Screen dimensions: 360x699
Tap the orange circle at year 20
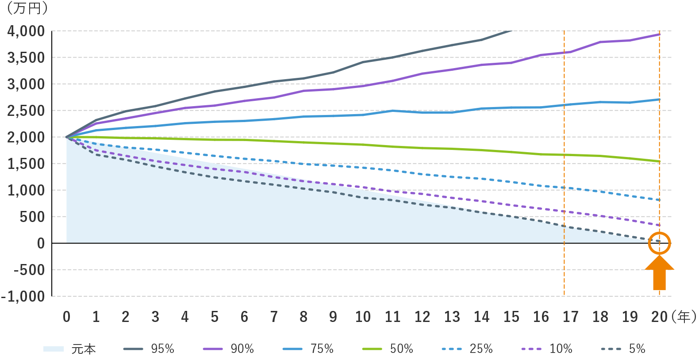pos(659,243)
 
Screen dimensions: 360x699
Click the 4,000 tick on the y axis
pos(26,31)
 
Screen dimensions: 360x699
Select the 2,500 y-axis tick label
pos(26,111)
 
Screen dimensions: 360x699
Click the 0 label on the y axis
pos(41,243)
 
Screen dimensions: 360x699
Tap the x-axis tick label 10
pos(363,317)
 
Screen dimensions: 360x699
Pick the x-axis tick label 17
pos(570,317)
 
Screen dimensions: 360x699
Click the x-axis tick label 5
pos(215,317)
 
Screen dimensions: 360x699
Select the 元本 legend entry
pos(70,349)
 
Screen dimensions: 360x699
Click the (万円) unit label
pos(26,8)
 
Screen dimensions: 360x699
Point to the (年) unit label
pos(683,317)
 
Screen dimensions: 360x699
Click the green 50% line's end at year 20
pos(659,161)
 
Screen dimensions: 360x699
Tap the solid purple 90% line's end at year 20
pos(659,34)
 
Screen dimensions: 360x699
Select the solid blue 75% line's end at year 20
pos(659,100)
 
